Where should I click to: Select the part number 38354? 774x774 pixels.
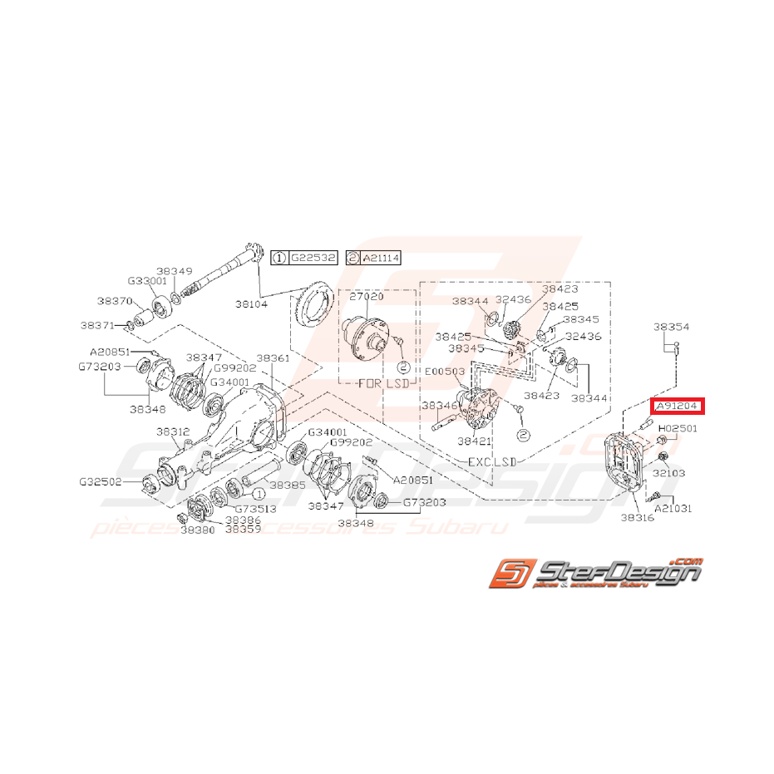coord(671,328)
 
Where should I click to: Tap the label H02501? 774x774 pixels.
coord(678,429)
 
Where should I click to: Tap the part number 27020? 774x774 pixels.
coord(366,296)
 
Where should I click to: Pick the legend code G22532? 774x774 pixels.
coord(313,259)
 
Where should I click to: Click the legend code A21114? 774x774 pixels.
coord(381,259)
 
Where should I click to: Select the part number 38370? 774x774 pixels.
coord(114,302)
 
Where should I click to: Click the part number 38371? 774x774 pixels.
coord(97,325)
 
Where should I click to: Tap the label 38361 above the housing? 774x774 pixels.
coord(273,357)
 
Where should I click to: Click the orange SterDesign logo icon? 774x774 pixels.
coord(508,573)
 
